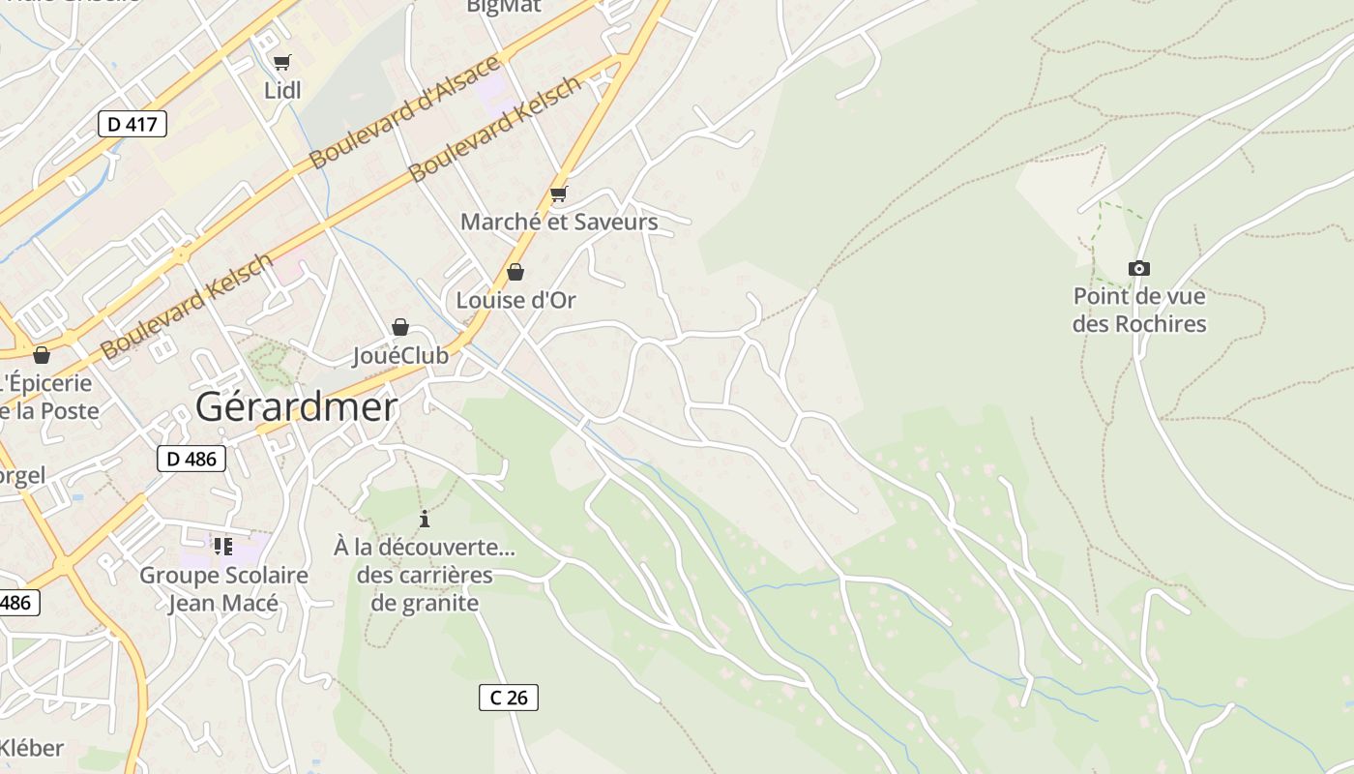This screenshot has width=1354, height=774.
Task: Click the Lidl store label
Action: [282, 91]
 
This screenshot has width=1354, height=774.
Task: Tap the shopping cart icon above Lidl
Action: [281, 63]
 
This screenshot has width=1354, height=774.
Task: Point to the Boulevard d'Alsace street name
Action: [406, 112]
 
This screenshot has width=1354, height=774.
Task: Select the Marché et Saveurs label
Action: [559, 222]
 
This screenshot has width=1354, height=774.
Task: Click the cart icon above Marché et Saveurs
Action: [558, 194]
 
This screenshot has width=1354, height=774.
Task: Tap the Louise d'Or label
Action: [515, 300]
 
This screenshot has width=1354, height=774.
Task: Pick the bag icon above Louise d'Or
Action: [515, 272]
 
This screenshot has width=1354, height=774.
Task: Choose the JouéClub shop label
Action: [400, 355]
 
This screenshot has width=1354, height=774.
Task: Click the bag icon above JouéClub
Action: [400, 327]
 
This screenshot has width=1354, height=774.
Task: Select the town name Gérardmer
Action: [296, 407]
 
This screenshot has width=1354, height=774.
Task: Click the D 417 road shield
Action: [132, 124]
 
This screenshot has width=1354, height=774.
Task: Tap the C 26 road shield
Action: [508, 697]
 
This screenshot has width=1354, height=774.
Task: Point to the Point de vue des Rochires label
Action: [1139, 310]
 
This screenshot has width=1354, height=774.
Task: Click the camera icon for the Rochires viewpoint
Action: [1139, 268]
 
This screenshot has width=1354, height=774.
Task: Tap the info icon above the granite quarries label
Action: [424, 519]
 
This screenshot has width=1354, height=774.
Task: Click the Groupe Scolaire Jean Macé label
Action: [223, 589]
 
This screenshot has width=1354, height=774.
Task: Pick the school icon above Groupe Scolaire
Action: [223, 547]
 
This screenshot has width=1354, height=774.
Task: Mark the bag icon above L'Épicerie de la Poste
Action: [41, 355]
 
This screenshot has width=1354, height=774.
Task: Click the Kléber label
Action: [31, 748]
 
